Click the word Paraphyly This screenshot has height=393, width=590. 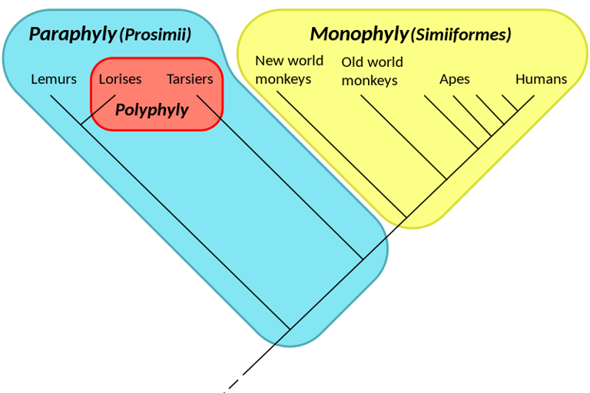click(x=72, y=35)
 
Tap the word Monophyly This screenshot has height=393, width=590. click(x=359, y=35)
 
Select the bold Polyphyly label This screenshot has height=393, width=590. click(x=151, y=110)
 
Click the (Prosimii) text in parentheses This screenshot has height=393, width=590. click(x=155, y=35)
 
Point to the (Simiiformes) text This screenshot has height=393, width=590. click(x=461, y=35)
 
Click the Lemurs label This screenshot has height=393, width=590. click(x=54, y=79)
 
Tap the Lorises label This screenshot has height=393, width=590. click(x=120, y=79)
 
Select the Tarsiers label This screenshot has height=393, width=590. click(x=190, y=79)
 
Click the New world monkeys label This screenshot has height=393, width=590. click(x=289, y=69)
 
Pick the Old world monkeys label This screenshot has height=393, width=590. click(x=372, y=71)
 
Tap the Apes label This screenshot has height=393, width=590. click(x=454, y=79)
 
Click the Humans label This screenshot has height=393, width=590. click(x=541, y=79)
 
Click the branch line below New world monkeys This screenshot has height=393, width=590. click(x=338, y=154)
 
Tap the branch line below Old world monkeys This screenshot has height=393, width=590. click(x=403, y=138)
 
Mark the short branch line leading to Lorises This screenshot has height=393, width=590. click(x=98, y=110)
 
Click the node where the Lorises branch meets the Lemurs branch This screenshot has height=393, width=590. click(x=81, y=125)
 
